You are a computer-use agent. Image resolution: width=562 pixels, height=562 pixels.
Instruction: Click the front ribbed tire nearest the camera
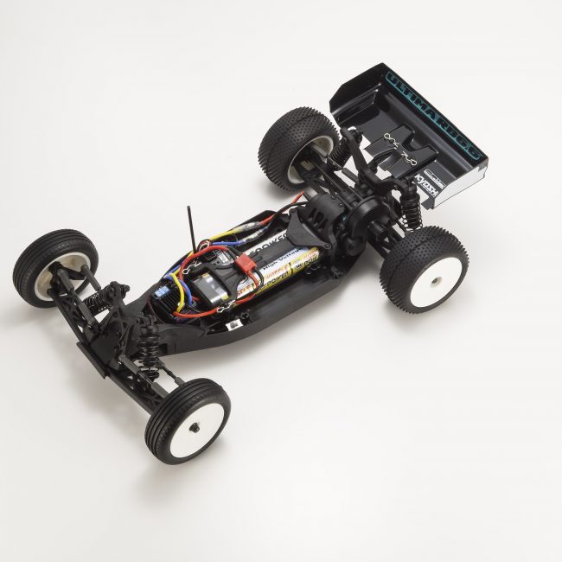pos(187,419)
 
